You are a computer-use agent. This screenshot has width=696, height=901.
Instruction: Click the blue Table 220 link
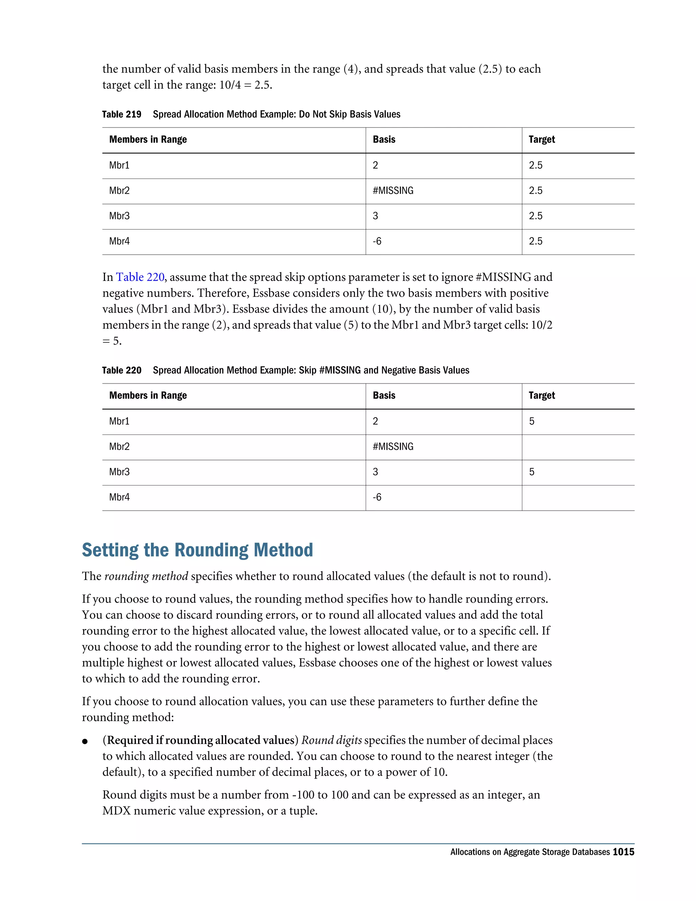pyautogui.click(x=140, y=277)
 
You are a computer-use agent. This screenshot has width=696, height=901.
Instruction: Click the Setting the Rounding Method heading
pyautogui.click(x=197, y=550)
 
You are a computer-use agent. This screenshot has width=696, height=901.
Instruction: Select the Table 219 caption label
pyautogui.click(x=122, y=114)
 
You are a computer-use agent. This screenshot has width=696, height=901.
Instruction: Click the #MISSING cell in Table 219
pyautogui.click(x=393, y=191)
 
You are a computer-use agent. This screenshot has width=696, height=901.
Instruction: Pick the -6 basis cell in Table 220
pyautogui.click(x=377, y=497)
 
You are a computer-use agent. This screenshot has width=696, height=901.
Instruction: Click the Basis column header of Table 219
pyautogui.click(x=384, y=139)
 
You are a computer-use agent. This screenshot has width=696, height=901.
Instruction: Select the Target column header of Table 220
pyautogui.click(x=541, y=396)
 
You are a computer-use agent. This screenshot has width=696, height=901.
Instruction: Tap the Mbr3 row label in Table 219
pyautogui.click(x=119, y=216)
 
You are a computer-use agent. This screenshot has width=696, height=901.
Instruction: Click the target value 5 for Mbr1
pyautogui.click(x=532, y=421)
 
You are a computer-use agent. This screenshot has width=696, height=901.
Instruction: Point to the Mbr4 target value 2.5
pyautogui.click(x=535, y=241)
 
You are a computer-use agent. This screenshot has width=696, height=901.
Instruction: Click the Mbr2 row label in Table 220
pyautogui.click(x=119, y=447)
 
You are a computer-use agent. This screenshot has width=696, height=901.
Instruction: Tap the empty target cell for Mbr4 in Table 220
pyautogui.click(x=577, y=497)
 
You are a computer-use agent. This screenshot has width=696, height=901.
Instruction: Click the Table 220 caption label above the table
pyautogui.click(x=122, y=371)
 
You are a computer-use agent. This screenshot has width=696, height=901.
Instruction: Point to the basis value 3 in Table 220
pyautogui.click(x=375, y=472)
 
